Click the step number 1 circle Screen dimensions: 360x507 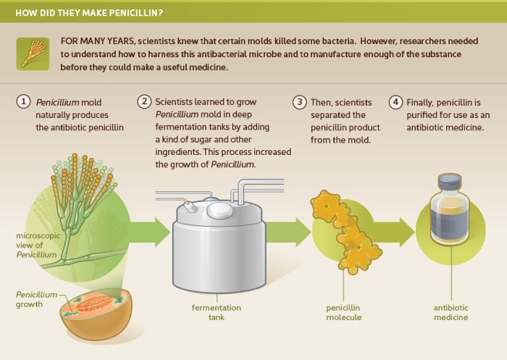pos(24,102)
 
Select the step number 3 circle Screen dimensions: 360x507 pos(299,102)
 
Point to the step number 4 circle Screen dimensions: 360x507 pos(395,102)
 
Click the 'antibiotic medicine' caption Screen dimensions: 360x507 pos(451,312)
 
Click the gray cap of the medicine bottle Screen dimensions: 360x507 pos(449,183)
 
